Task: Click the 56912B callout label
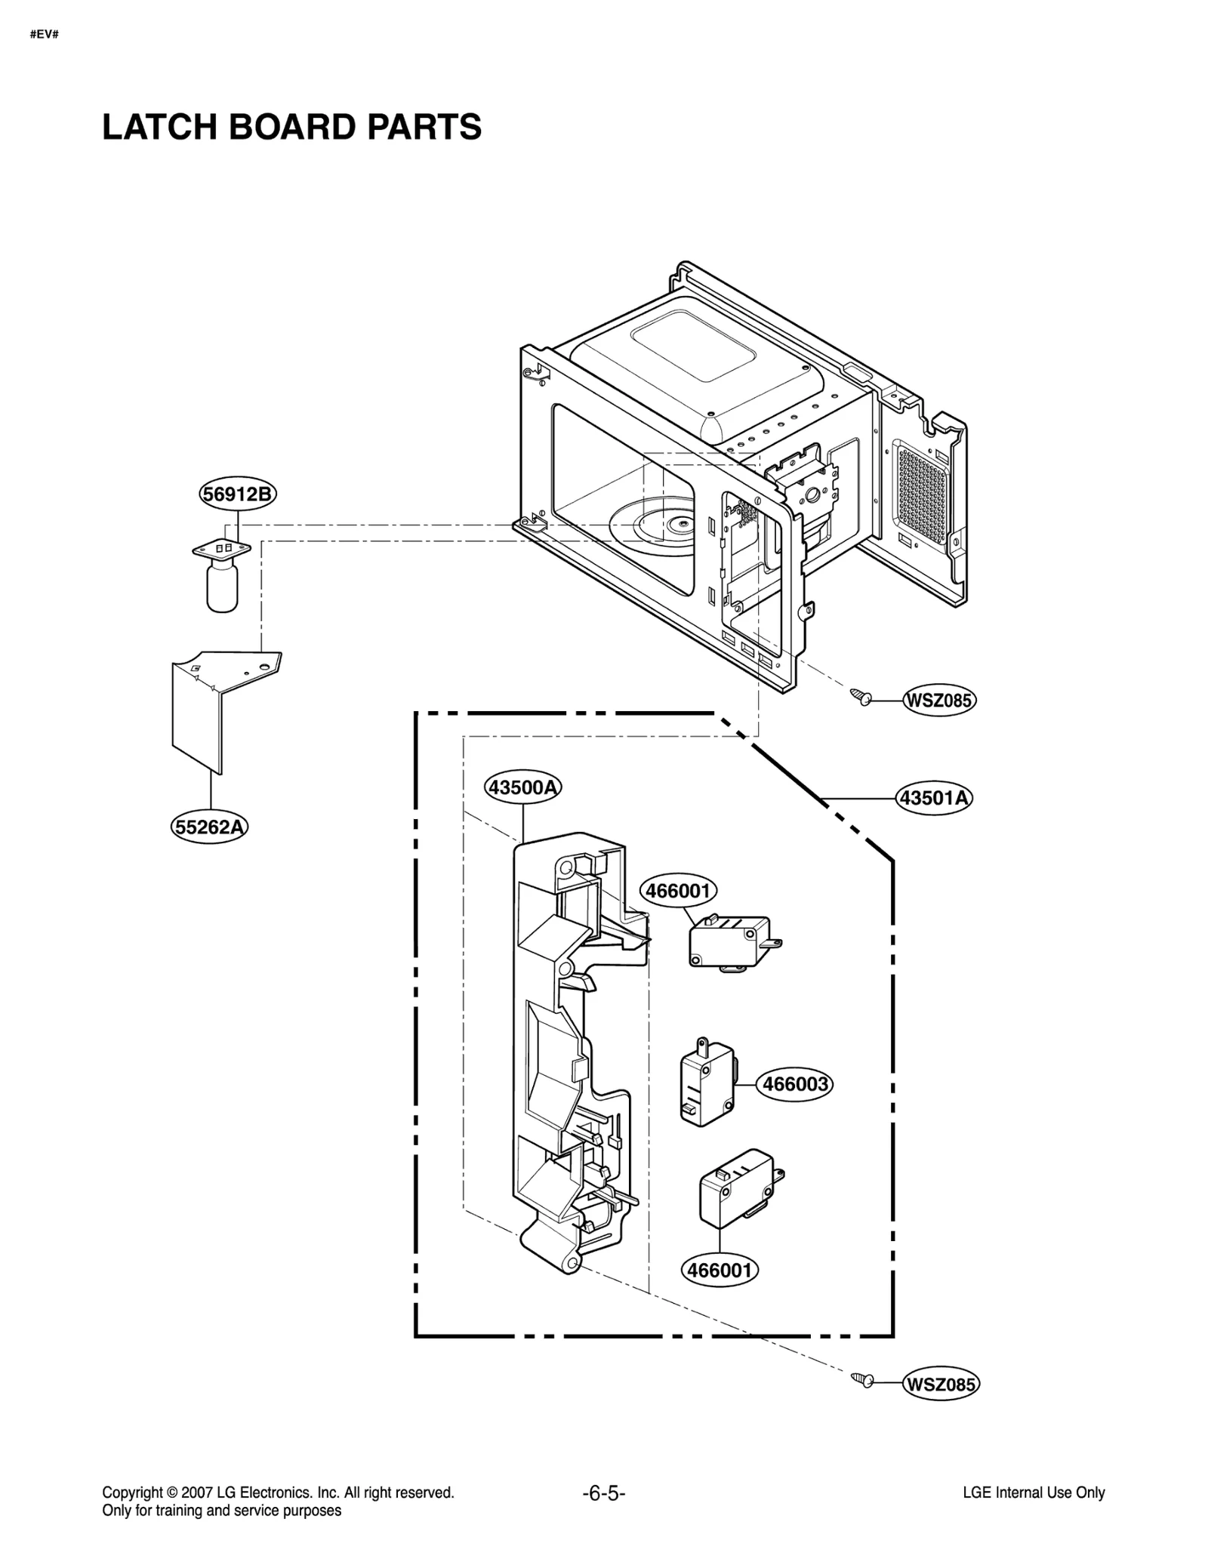pos(238,494)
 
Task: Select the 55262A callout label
pos(210,827)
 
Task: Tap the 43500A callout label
pos(522,787)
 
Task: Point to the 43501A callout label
pos(934,797)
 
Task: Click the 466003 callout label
pos(795,1084)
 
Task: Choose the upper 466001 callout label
pos(679,891)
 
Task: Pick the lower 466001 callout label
pos(720,1270)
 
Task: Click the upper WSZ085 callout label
pos(939,701)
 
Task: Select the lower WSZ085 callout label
pos(941,1385)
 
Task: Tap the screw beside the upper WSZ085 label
pos(860,695)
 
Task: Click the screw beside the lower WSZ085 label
pos(861,1379)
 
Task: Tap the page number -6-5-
pos(604,1493)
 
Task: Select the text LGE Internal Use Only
pos(1033,1493)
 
